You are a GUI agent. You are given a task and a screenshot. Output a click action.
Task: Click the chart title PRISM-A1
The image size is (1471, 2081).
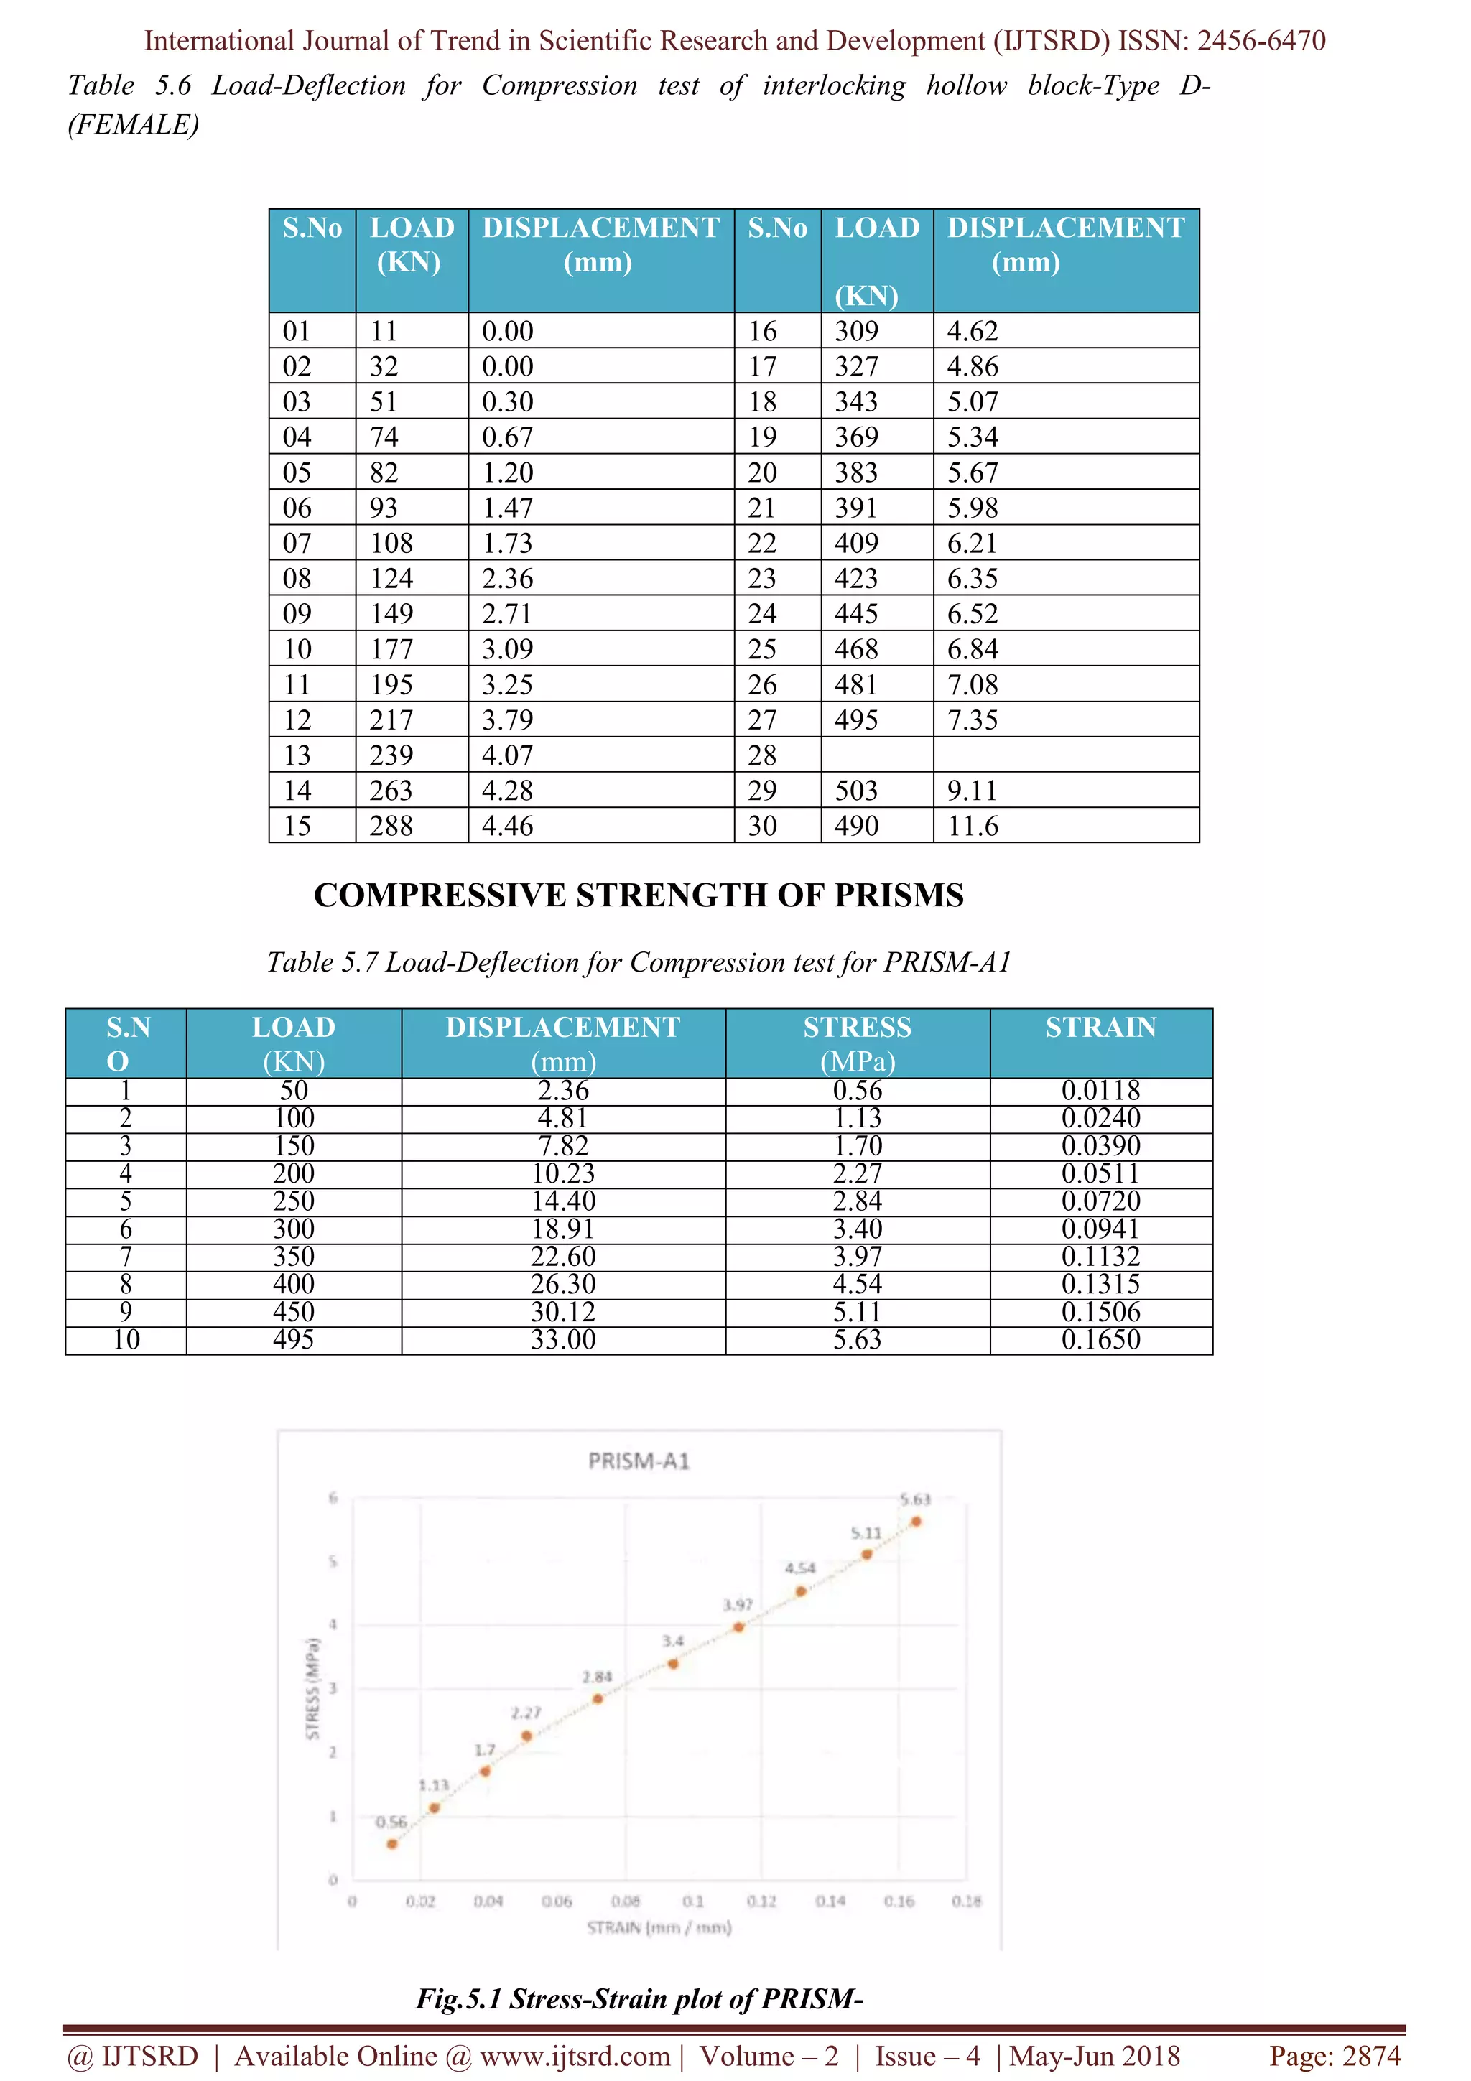coord(639,1461)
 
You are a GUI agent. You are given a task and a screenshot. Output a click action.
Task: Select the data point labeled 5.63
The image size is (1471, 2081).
coord(917,1522)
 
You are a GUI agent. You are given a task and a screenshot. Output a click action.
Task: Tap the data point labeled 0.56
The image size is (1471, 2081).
coord(392,1843)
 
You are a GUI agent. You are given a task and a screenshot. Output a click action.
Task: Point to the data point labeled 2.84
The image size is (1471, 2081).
coord(598,1698)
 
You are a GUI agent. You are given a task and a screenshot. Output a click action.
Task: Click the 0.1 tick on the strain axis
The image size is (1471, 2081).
coord(693,1901)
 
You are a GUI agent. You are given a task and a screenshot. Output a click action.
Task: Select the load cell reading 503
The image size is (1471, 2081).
coord(855,791)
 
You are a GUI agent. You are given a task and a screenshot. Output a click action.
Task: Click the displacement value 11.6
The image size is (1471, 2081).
coord(973,826)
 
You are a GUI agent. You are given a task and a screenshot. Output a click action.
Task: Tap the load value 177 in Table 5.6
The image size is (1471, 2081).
coord(391,649)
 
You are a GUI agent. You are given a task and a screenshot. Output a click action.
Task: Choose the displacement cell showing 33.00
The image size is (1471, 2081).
coord(563,1340)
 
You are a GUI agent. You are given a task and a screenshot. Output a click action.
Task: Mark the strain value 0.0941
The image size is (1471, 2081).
coord(1100,1229)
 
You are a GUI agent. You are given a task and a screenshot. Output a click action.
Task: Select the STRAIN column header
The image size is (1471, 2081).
coord(1100,1028)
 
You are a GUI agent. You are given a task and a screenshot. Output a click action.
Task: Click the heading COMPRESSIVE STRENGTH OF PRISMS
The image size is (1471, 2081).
coord(638,895)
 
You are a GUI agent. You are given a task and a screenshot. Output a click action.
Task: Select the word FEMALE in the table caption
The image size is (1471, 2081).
coord(133,124)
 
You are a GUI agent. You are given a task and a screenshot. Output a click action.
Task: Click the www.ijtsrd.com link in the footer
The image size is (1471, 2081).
coord(575,2056)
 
